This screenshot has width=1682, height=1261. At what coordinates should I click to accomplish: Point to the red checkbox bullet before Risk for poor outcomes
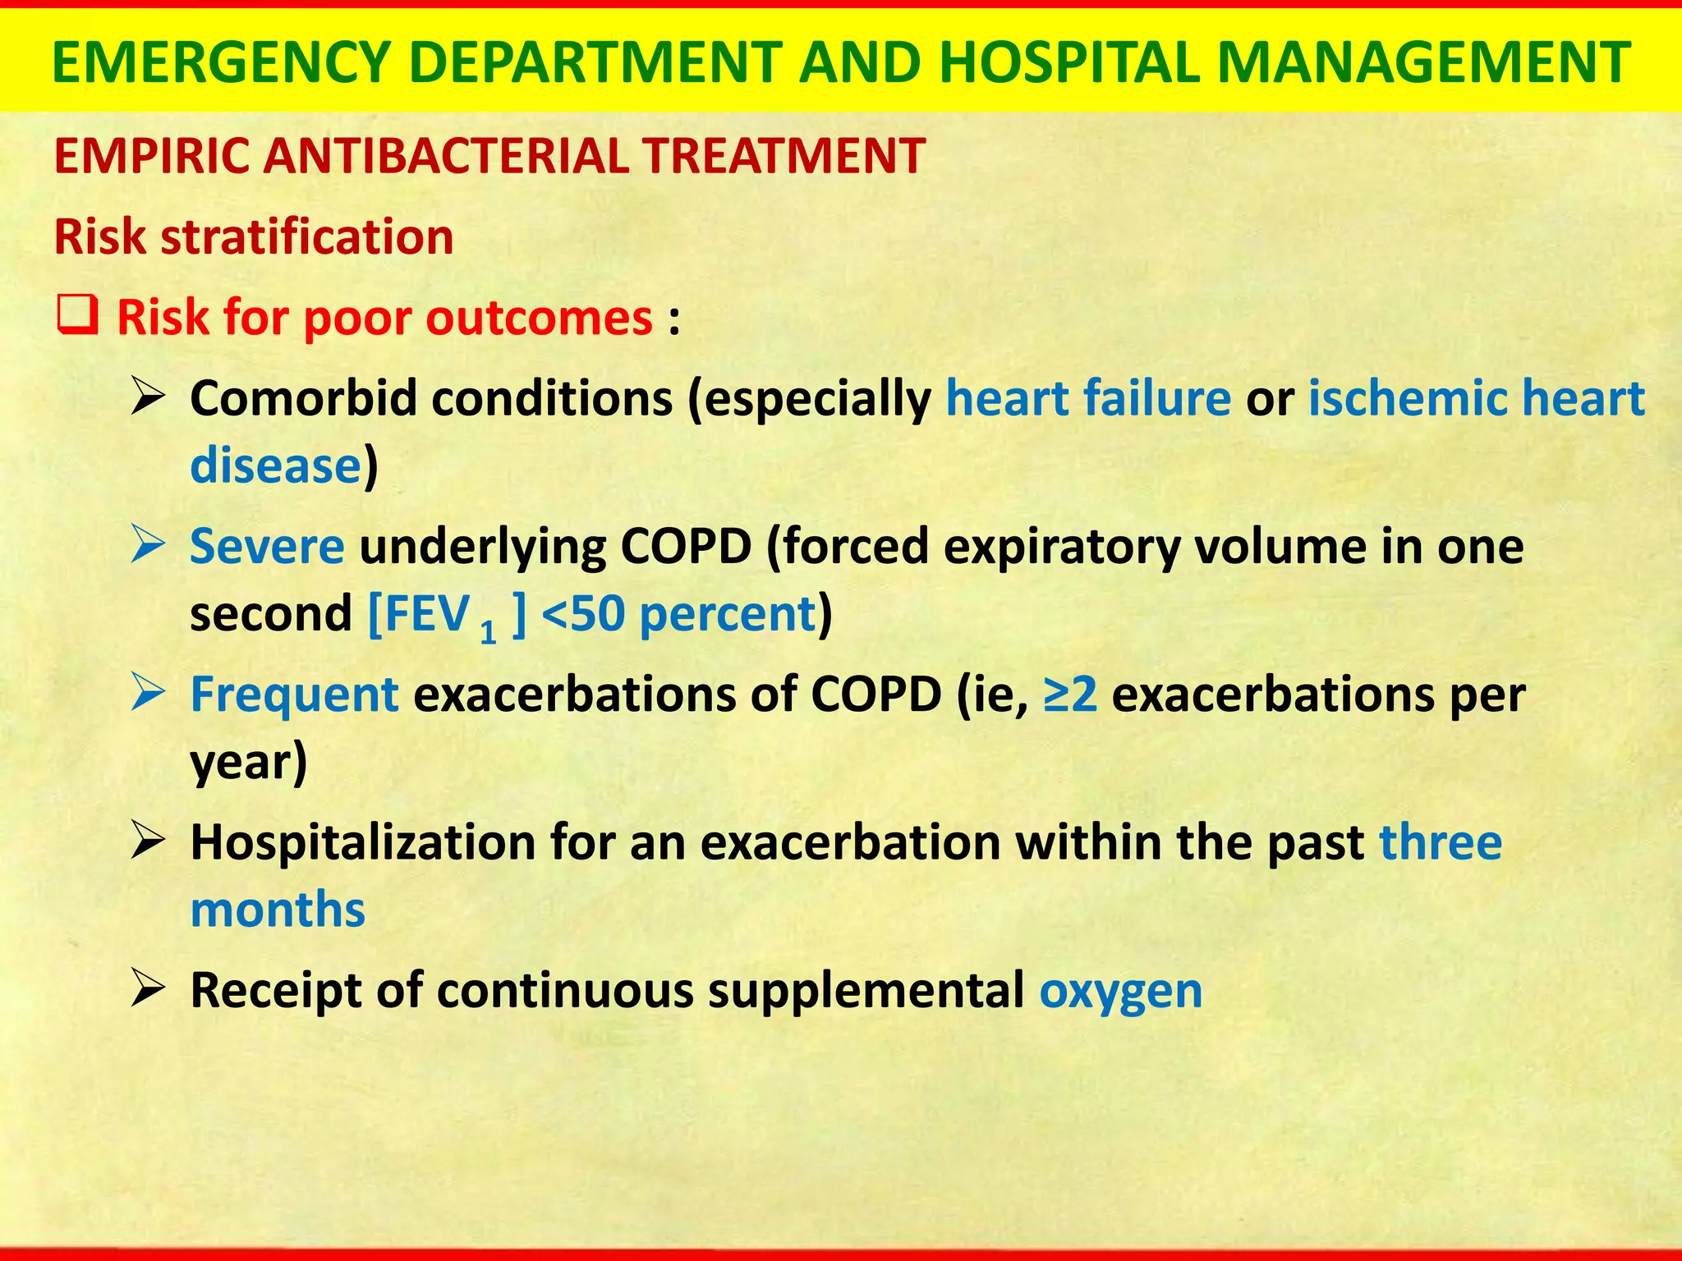[x=78, y=317]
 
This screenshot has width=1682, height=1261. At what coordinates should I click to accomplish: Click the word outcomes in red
[x=539, y=318]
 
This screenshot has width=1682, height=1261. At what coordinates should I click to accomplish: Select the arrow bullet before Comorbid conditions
[x=149, y=399]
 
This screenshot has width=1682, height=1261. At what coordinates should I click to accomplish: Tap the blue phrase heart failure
[x=1088, y=399]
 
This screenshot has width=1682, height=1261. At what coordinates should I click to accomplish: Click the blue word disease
[x=276, y=465]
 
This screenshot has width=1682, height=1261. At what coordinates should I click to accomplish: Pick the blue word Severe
[x=267, y=547]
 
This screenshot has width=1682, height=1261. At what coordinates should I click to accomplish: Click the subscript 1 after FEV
[x=489, y=632]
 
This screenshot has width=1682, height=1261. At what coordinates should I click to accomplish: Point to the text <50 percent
[x=678, y=614]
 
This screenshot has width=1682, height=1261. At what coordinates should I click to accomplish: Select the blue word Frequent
[x=294, y=695]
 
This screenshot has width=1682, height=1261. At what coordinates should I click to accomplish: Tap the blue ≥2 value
[x=1070, y=695]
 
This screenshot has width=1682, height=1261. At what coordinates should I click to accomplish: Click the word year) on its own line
[x=249, y=763]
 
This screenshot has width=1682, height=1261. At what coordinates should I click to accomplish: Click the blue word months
[x=278, y=910]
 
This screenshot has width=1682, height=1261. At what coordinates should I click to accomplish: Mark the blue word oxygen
[x=1120, y=991]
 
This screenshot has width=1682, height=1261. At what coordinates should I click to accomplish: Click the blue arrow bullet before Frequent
[x=149, y=695]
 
